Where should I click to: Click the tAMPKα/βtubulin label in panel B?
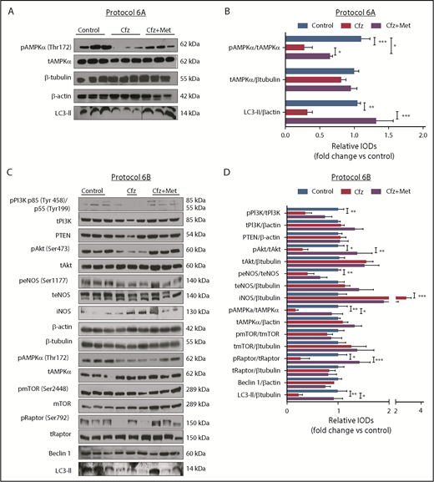tap(254, 81)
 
